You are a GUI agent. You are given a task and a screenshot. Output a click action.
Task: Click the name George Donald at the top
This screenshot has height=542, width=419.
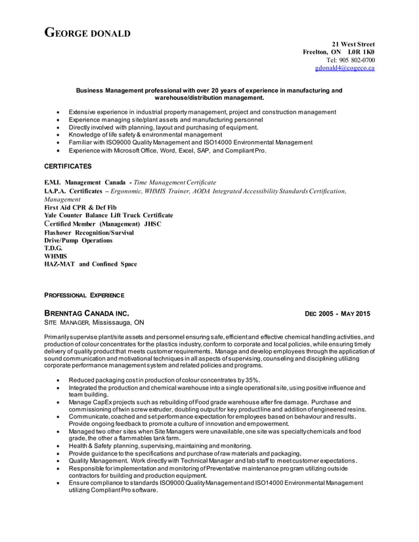(87, 33)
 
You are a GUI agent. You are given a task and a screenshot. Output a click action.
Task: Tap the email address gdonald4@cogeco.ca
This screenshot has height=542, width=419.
(345, 68)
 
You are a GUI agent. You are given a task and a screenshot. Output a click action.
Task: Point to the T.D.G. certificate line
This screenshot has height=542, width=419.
(53, 249)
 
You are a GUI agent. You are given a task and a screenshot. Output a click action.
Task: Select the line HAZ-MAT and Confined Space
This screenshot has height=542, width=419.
(91, 264)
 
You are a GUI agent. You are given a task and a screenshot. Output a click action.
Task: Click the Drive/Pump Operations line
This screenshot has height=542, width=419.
(78, 240)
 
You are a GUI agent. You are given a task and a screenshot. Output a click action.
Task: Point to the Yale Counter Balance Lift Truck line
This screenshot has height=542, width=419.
(108, 215)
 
